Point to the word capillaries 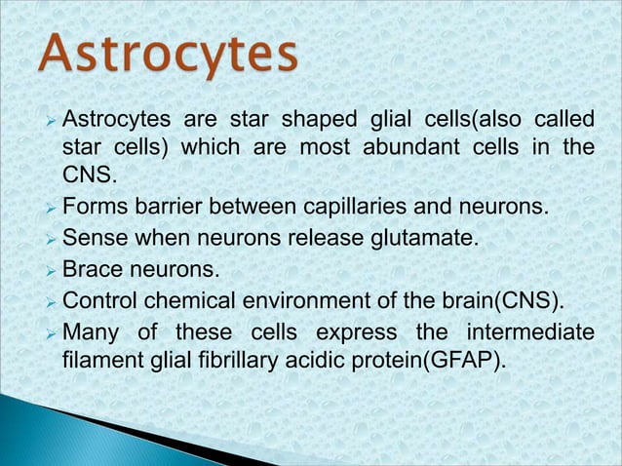click(354, 207)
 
